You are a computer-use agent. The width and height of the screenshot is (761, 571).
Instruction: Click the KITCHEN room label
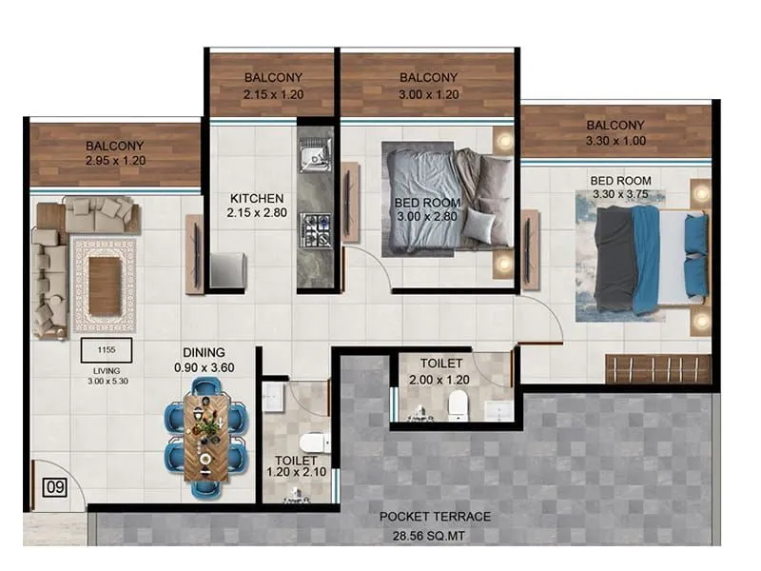click(x=257, y=198)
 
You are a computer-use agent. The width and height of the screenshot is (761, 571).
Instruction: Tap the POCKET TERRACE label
click(x=435, y=517)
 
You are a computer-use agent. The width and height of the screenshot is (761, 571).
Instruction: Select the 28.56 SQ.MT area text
click(x=435, y=537)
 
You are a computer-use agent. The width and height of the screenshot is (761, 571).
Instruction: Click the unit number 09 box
click(x=54, y=489)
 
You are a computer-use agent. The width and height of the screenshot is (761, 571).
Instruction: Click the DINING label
click(x=205, y=350)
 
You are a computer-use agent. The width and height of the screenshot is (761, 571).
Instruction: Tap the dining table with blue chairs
click(x=205, y=437)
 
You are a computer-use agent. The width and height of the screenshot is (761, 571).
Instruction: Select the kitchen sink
click(x=313, y=156)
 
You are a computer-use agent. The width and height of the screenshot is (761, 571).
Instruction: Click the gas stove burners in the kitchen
click(x=315, y=229)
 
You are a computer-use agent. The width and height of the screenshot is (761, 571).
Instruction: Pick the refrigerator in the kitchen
click(x=228, y=270)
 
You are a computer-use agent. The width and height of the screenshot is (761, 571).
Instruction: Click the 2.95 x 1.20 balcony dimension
click(x=115, y=162)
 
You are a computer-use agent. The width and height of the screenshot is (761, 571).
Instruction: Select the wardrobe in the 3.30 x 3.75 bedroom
click(x=657, y=369)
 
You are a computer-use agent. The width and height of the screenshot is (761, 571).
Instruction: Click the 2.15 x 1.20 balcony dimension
click(x=273, y=94)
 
